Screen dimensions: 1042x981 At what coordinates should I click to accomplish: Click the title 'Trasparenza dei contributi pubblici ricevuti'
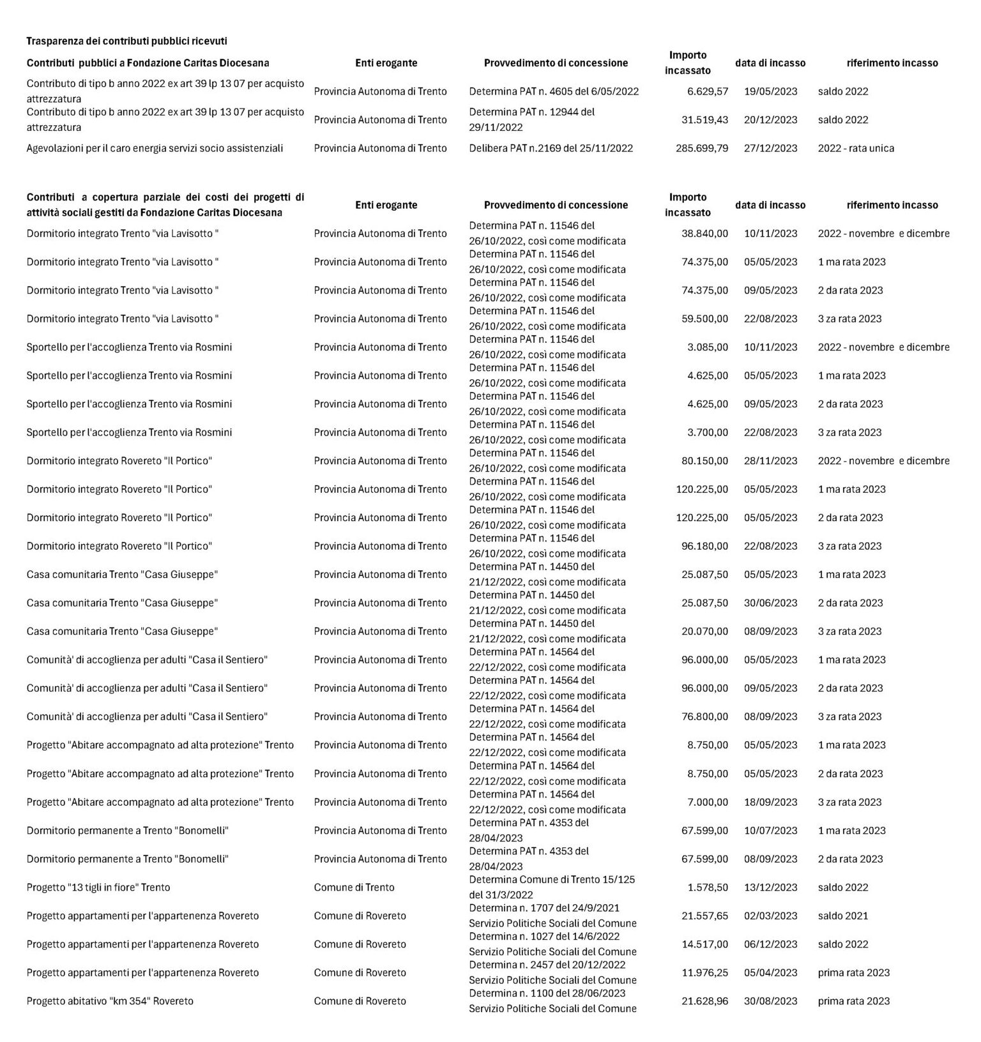point(126,41)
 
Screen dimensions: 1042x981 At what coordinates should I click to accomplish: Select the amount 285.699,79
point(701,148)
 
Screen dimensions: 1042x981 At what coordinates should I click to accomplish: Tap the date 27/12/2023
point(770,148)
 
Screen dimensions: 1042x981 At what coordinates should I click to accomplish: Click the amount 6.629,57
point(707,91)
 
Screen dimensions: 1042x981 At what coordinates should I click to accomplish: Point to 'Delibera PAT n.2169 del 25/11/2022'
point(551,148)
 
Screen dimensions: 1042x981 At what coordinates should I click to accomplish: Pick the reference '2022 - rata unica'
point(856,148)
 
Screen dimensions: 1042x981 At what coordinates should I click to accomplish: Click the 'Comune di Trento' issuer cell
point(354,887)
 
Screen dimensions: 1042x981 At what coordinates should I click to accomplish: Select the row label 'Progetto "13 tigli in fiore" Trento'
point(98,887)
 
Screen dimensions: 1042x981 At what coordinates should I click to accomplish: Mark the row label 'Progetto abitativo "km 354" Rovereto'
point(110,1001)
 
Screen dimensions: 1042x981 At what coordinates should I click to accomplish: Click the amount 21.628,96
point(704,1001)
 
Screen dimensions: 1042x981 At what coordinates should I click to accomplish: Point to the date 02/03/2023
point(770,916)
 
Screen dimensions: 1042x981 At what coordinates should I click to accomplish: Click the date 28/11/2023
point(770,461)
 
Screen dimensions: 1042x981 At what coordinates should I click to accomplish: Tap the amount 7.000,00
point(707,803)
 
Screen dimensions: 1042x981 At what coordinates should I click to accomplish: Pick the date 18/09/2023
point(770,803)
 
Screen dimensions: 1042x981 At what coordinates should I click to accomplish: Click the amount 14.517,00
point(704,944)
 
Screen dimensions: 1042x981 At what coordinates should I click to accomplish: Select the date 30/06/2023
point(770,603)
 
